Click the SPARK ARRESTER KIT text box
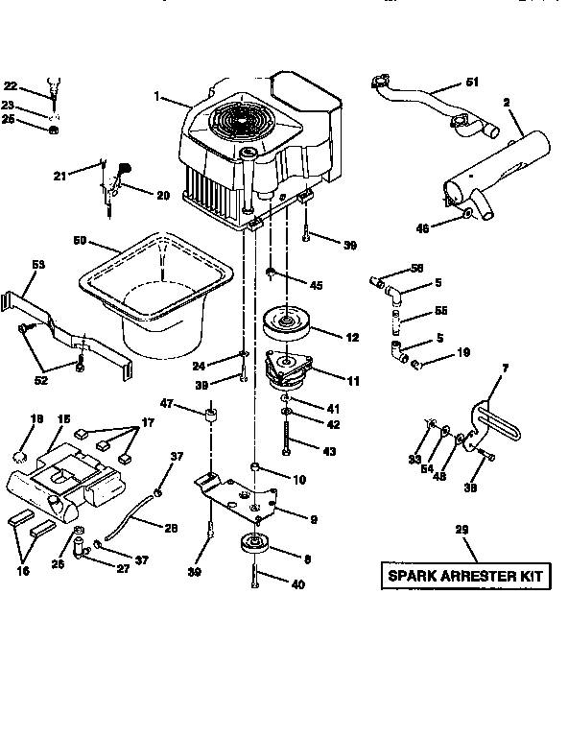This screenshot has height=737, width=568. pyautogui.click(x=465, y=577)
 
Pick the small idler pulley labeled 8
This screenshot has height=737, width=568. pyautogui.click(x=255, y=545)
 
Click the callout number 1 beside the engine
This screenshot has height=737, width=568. pyautogui.click(x=154, y=97)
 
